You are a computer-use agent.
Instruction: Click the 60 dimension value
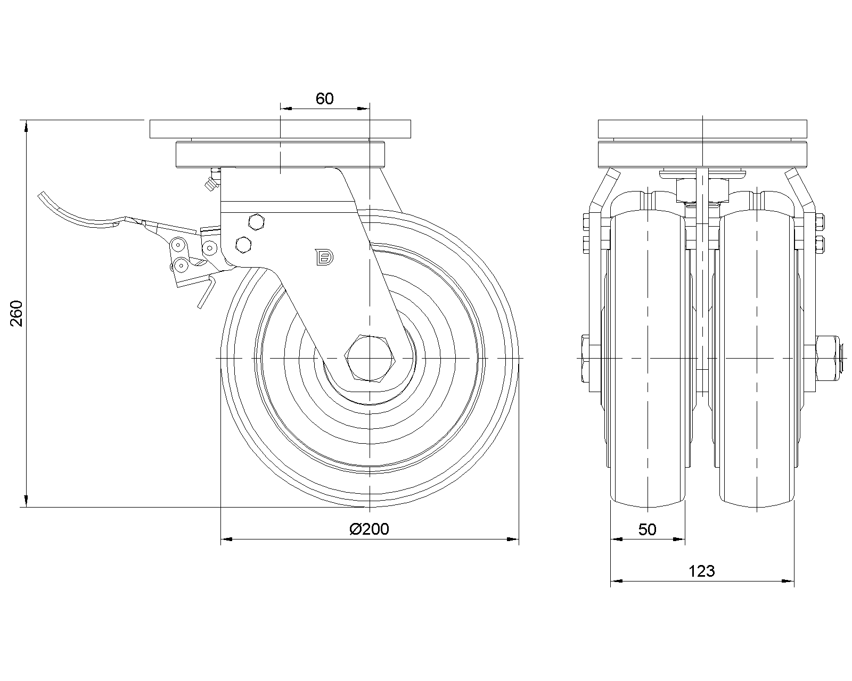(x=324, y=98)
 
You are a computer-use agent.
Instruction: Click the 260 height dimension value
(x=17, y=313)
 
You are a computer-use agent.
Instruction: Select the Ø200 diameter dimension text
(x=369, y=529)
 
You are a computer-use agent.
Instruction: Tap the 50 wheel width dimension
(x=648, y=529)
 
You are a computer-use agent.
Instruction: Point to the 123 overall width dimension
(x=701, y=571)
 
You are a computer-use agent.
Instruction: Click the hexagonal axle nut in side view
(x=370, y=358)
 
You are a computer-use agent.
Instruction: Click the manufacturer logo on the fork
(x=324, y=257)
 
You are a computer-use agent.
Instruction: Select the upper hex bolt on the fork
(x=256, y=222)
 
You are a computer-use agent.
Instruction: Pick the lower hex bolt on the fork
(x=243, y=245)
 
